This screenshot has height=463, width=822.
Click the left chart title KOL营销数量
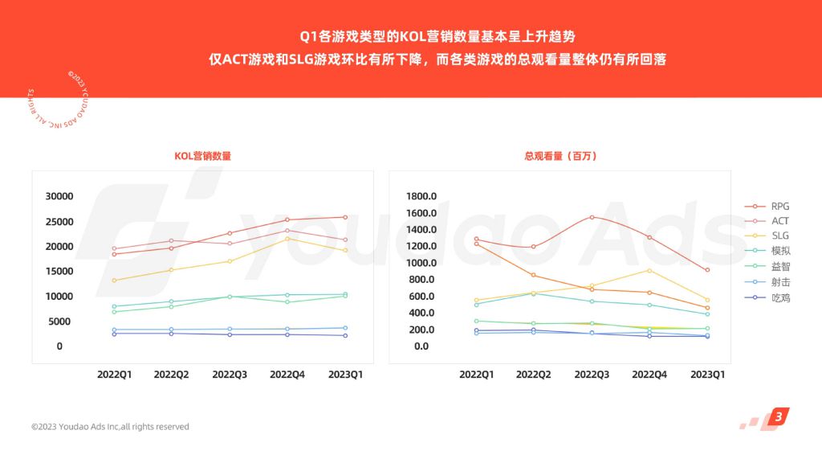pyautogui.click(x=202, y=156)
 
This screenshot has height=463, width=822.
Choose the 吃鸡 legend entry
pyautogui.click(x=780, y=297)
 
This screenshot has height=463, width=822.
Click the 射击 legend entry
pyautogui.click(x=780, y=282)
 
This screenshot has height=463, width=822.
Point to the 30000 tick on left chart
pyautogui.click(x=59, y=197)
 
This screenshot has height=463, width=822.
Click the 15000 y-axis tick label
pyautogui.click(x=59, y=272)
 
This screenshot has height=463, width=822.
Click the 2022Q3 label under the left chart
pyautogui.click(x=230, y=375)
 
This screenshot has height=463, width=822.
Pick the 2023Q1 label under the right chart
pyautogui.click(x=707, y=375)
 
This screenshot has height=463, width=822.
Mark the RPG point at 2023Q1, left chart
pyautogui.click(x=345, y=217)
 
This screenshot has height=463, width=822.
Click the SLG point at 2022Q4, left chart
pyautogui.click(x=287, y=239)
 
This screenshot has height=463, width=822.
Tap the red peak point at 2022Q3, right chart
pyautogui.click(x=592, y=217)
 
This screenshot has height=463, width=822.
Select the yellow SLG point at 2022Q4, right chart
pyautogui.click(x=649, y=270)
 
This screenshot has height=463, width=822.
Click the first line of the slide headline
pyautogui.click(x=437, y=36)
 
